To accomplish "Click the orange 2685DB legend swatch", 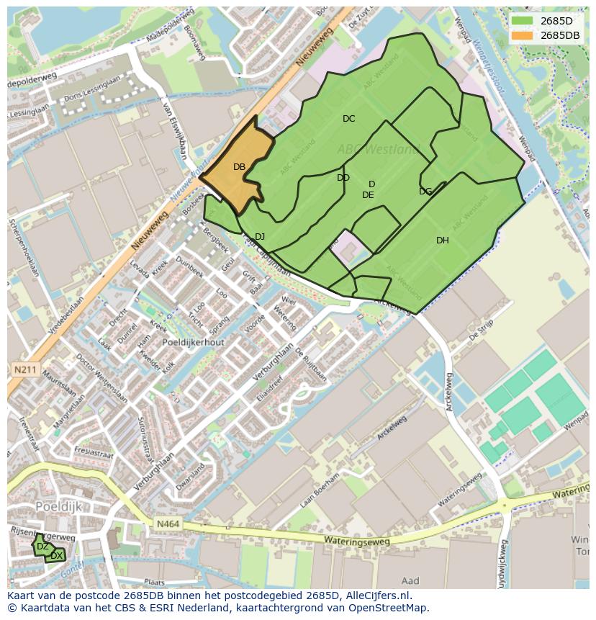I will [523, 35].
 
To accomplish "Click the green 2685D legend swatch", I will [523, 21].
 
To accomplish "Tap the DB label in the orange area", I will [240, 167].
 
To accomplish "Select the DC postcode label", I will [349, 119].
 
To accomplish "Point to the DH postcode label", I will [443, 241].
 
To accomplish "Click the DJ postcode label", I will [260, 237].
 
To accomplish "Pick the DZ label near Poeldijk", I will [42, 547].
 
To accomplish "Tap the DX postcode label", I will [56, 556].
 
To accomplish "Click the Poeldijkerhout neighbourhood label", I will [193, 343].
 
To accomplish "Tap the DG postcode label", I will [425, 192].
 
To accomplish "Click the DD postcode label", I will [343, 178].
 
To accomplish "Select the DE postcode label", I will [368, 195].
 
